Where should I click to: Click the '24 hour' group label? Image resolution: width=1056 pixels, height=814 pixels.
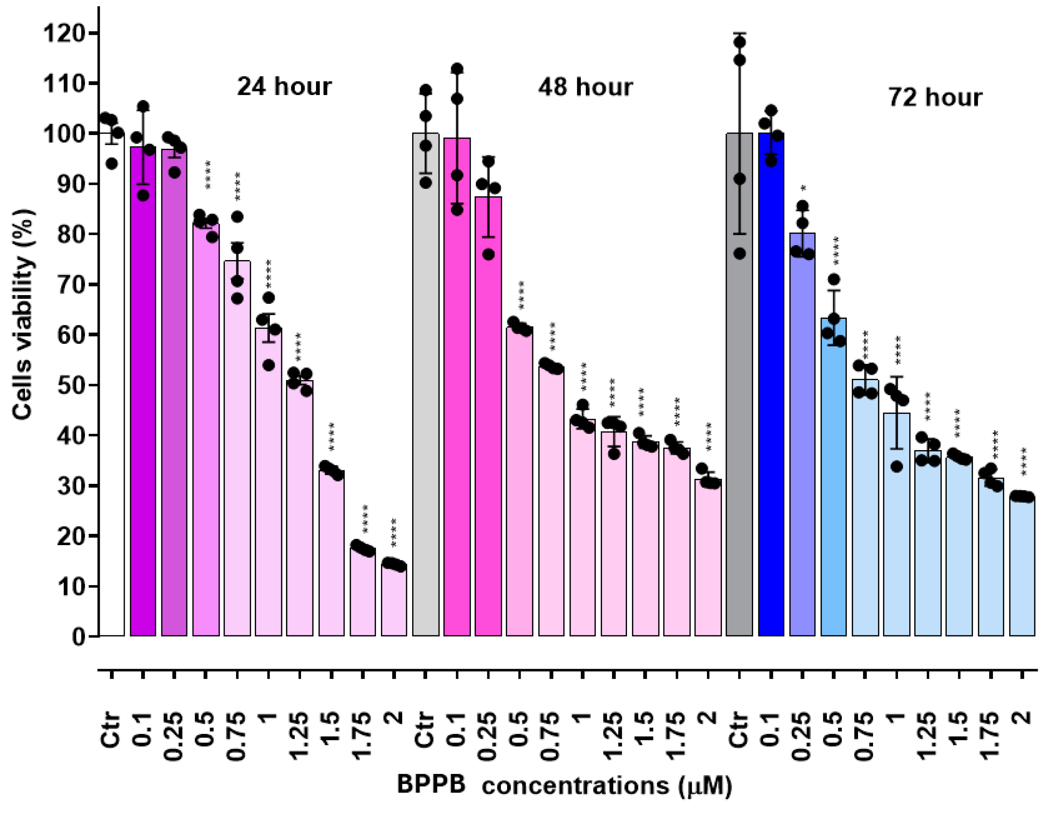click(284, 87)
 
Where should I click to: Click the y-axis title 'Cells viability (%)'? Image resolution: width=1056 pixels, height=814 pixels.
click(23, 314)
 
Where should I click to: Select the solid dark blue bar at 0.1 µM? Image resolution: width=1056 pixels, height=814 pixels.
click(771, 387)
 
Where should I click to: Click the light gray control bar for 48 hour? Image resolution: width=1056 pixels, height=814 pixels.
click(425, 387)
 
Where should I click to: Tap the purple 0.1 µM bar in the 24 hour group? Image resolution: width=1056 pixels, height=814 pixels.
click(143, 392)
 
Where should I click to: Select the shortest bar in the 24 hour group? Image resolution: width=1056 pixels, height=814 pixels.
click(393, 600)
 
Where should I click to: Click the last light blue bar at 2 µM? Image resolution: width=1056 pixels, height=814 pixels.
click(1022, 566)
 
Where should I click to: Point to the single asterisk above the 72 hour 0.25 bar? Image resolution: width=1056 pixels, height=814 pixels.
click(803, 189)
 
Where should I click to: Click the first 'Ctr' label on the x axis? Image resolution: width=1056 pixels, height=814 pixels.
click(111, 729)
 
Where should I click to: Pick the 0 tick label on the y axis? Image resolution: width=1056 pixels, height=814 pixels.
click(79, 636)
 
